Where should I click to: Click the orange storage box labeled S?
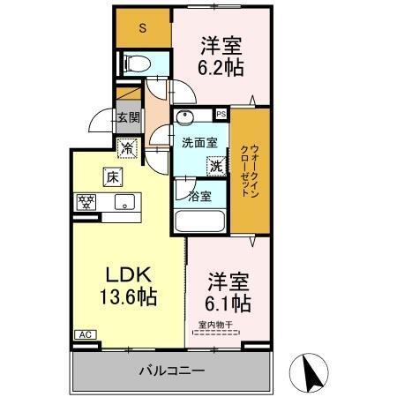point(143,27)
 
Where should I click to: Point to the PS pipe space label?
point(221,114)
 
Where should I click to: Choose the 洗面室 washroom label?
point(196,142)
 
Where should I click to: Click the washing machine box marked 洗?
point(215,163)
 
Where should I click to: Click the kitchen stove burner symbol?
point(87,201)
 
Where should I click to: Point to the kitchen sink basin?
point(124,203)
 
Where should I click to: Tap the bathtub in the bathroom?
point(202,217)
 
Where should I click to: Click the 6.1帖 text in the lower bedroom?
point(228,303)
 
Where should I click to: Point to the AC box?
point(86,334)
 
